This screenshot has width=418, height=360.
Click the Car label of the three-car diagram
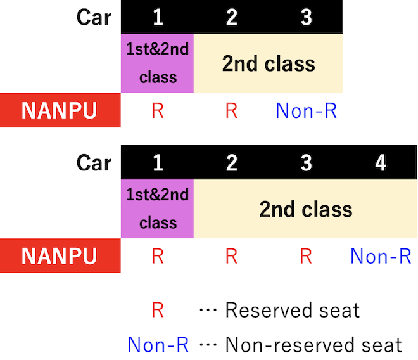pos(94,17)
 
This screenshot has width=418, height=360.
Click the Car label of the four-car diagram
pos(94,163)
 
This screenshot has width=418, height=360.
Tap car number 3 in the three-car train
pos(307,17)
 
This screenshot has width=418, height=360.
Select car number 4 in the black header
pos(381,163)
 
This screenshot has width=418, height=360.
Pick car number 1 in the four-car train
pos(158,163)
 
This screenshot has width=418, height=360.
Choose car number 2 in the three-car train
pos(232,17)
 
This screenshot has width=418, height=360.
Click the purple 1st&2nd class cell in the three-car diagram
pos(158,63)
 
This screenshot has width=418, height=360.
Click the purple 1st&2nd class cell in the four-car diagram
pos(158,209)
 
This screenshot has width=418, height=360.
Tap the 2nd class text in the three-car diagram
pos(269,63)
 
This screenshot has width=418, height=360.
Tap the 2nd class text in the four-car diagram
pos(306,209)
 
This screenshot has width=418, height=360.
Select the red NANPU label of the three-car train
pos(60,111)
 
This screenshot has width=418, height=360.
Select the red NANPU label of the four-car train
pos(60,256)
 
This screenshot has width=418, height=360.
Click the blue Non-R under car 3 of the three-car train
pos(307,111)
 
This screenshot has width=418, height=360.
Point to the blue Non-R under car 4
pos(381,256)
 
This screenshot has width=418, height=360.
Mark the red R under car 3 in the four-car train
pos(307,256)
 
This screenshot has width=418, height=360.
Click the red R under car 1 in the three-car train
pos(158,111)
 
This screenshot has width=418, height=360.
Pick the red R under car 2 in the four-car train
pos(232,256)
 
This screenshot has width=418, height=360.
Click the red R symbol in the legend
pos(158,311)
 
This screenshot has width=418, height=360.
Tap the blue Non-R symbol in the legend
pos(158,345)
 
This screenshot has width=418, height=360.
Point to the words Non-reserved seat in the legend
pos(313,345)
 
